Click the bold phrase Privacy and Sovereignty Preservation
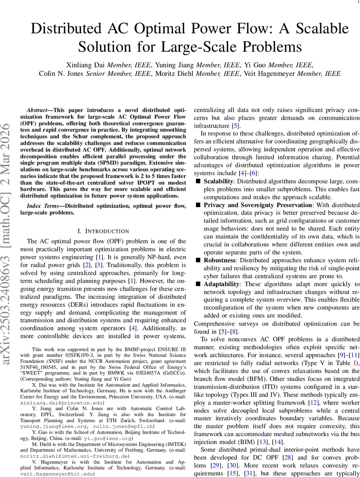click(x=257, y=205)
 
